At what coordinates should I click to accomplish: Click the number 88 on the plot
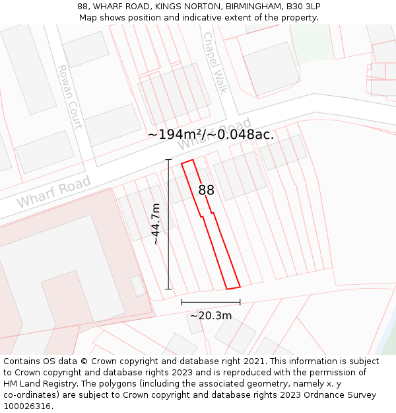207,190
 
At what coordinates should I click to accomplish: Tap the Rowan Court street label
69,96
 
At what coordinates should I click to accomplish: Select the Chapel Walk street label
215,63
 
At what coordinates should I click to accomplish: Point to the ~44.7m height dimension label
156,224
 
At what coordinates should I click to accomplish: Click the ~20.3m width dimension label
211,315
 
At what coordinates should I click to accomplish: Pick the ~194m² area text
174,134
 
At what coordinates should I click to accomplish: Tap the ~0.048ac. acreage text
240,134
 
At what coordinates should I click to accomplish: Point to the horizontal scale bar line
211,303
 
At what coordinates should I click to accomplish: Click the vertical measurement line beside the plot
168,224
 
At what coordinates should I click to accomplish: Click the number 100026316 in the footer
27,406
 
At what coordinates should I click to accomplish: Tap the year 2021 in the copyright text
251,361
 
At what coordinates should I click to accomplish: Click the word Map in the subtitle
88,17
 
